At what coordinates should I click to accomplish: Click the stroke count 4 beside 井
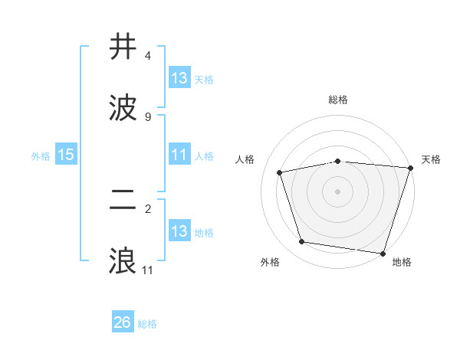pos(148,56)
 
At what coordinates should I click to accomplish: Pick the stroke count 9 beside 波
pos(148,116)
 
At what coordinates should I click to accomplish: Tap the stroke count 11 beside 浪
pos(148,270)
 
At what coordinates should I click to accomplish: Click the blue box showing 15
pos(66,155)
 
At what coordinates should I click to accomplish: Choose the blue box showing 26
pos(123,323)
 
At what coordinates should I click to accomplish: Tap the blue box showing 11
pos(179,155)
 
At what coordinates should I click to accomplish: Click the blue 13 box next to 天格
pos(179,78)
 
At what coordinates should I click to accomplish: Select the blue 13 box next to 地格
pos(179,231)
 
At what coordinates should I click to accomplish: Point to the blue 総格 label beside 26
pos(148,324)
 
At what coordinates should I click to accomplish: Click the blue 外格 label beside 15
pos(41,156)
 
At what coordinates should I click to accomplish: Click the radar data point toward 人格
pos(280,172)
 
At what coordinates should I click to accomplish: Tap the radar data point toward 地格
pos(383,253)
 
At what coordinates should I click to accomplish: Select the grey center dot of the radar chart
pos(337,191)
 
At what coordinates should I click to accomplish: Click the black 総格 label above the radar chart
pos(337,100)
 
